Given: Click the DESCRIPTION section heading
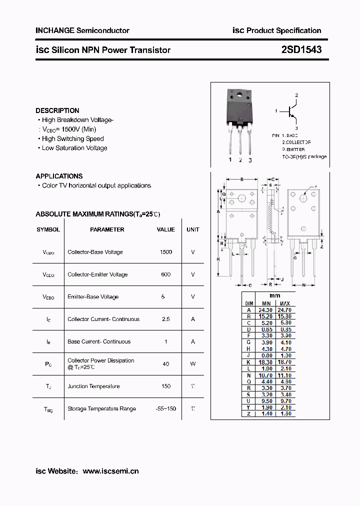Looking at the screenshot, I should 57,110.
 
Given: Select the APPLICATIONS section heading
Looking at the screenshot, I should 59,176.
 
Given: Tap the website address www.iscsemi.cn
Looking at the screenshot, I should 110,471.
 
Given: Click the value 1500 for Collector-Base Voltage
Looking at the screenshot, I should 166,252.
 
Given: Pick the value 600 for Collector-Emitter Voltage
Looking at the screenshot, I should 166,274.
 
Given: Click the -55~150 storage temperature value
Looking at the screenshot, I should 166,408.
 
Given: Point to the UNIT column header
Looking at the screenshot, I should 192,229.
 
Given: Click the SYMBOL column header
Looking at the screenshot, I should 48,229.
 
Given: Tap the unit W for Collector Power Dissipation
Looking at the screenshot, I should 192,364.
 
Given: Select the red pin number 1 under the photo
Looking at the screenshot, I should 230,159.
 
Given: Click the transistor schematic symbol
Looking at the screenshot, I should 292,111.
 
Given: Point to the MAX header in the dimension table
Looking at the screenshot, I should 284,303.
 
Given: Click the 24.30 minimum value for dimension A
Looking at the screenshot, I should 266,310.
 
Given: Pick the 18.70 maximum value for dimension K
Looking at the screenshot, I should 284,361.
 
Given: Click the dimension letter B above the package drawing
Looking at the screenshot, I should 241,179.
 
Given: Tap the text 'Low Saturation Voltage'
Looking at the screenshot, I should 74,148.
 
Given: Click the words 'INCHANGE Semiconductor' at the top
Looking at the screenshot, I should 82,30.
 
